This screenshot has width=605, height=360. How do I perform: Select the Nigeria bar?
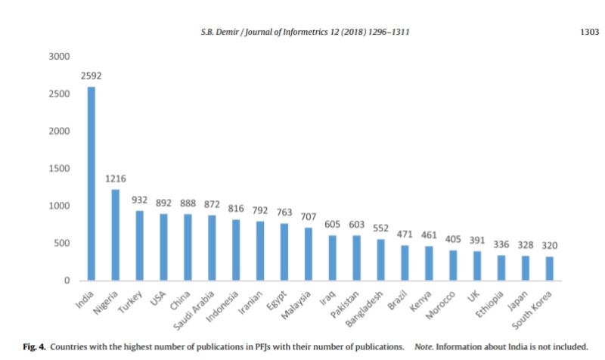point(116,235)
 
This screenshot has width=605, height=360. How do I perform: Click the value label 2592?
point(92,76)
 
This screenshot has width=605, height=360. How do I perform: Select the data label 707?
point(309,216)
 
